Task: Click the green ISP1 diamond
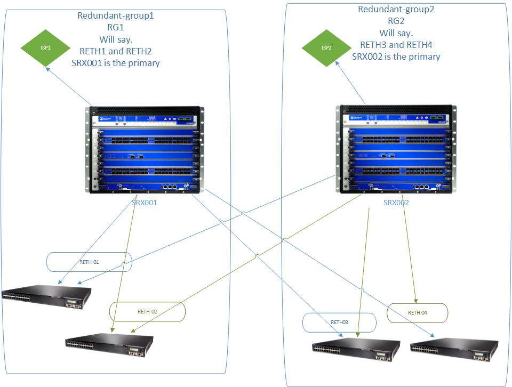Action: tap(46, 47)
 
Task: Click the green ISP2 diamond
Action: tap(326, 48)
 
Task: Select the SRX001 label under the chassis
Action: tap(145, 203)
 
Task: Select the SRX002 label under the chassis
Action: tap(396, 203)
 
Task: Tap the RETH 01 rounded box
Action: tap(89, 262)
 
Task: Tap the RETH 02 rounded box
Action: tap(147, 311)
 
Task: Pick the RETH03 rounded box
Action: tap(339, 322)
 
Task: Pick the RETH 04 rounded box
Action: tap(418, 312)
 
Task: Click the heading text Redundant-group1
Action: tap(116, 15)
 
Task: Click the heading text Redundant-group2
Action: tap(396, 9)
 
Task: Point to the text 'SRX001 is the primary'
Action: tap(116, 63)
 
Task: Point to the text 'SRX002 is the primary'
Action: tap(396, 57)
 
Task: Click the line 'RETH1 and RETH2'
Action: tap(116, 51)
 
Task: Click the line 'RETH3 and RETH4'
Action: tap(396, 45)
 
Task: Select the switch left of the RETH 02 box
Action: tap(46, 294)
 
